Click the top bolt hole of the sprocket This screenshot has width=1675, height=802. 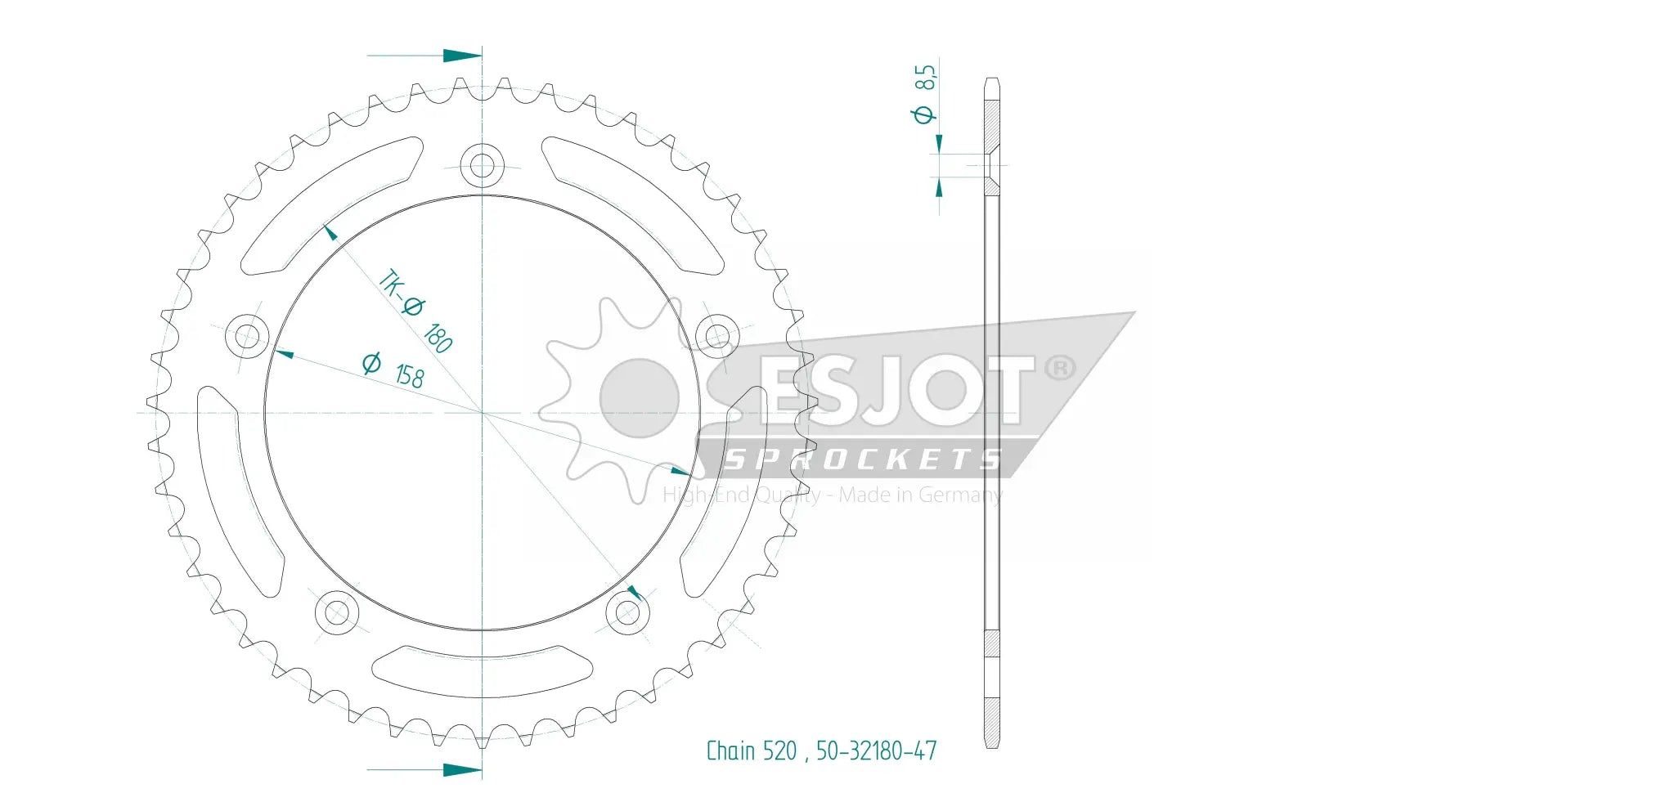(x=482, y=165)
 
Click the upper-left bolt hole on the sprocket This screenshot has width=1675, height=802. (x=246, y=335)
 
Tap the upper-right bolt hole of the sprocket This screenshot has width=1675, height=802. (x=717, y=335)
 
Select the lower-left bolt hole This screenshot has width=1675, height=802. (x=336, y=612)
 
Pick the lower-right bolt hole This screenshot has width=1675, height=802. (x=627, y=612)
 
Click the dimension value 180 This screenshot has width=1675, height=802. (x=438, y=337)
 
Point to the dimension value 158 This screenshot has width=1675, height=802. (x=409, y=375)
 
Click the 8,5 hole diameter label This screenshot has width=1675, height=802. (x=925, y=78)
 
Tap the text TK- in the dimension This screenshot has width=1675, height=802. (x=391, y=283)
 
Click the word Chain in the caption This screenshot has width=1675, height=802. (x=730, y=751)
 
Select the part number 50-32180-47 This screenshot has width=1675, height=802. (x=876, y=751)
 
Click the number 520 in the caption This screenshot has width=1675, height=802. (x=779, y=751)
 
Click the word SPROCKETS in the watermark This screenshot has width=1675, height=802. (x=862, y=460)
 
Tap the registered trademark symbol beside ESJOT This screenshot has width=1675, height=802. (x=1060, y=368)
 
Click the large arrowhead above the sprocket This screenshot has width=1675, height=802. (x=462, y=56)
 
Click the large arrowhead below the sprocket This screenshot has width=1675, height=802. (x=462, y=769)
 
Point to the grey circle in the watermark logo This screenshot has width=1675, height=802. (x=640, y=398)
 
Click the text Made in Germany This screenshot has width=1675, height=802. (x=920, y=495)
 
